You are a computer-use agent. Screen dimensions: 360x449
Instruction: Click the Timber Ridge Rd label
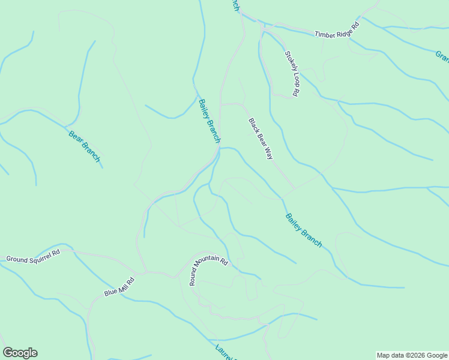point(336,30)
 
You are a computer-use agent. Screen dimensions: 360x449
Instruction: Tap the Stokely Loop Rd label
point(292,73)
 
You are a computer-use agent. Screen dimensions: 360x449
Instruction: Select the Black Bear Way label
point(261,139)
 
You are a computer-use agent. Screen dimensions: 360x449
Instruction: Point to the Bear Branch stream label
point(84,146)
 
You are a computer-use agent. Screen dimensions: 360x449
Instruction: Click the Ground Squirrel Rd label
point(34,255)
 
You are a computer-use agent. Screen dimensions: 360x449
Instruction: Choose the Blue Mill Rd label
point(119,287)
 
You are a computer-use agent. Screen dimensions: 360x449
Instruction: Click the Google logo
point(20,353)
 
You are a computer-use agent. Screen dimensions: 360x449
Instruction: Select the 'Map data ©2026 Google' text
point(412,355)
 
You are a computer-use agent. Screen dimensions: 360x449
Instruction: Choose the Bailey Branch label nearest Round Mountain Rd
point(304,231)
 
